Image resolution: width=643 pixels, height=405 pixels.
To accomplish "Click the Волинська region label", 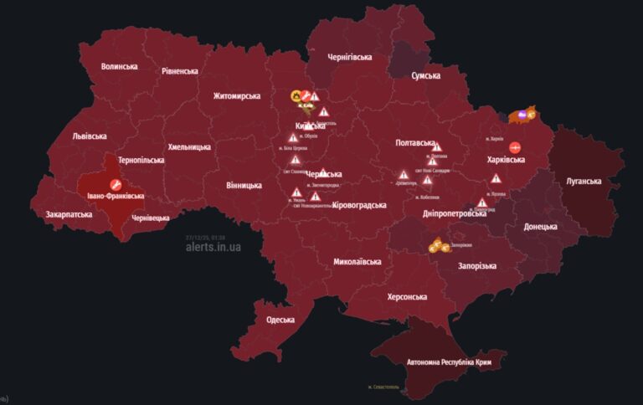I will coord(119,66).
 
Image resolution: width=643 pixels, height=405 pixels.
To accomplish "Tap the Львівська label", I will coord(90,136).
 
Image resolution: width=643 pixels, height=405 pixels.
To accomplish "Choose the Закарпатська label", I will coord(69,214).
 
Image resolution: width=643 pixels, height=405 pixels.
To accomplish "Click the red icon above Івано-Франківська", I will coord(116,182).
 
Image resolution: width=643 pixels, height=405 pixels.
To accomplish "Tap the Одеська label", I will coord(280,320).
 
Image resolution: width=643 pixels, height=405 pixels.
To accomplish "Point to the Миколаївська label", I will coord(358,262).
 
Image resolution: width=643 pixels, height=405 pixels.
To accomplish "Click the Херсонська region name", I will coord(408,297).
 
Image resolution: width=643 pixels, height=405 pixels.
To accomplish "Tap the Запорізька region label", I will coord(477,266).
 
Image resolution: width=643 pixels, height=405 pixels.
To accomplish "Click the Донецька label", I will coord(540,227).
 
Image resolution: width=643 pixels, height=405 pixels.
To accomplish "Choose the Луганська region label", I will coord(584,181).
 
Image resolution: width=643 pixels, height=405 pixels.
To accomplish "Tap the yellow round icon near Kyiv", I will coord(296,96).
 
